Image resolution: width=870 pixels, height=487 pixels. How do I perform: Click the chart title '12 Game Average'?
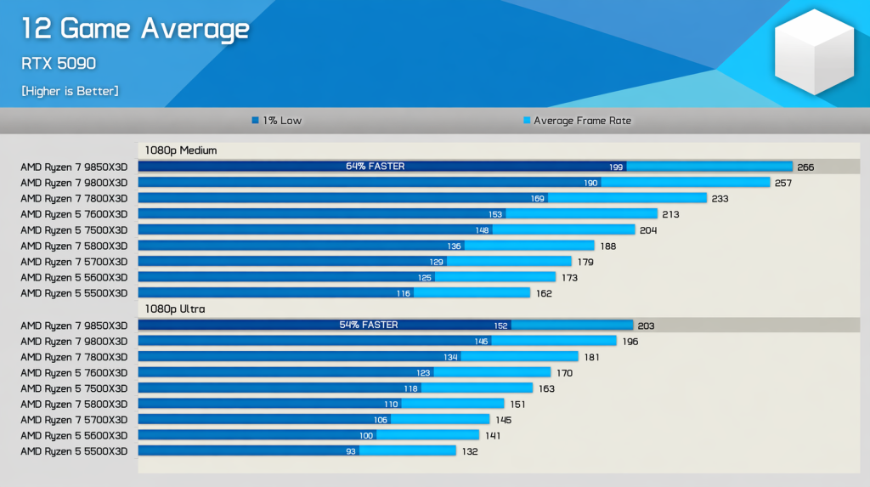pyautogui.click(x=135, y=30)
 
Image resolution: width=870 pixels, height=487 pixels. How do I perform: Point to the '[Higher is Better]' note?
pyautogui.click(x=70, y=91)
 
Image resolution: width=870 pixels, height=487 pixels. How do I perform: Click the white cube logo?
pyautogui.click(x=813, y=52)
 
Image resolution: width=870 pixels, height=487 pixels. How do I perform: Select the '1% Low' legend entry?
pyautogui.click(x=277, y=121)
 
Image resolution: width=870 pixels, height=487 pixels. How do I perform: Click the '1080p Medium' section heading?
pyautogui.click(x=181, y=150)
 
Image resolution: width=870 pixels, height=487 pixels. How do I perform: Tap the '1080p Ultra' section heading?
pyautogui.click(x=175, y=309)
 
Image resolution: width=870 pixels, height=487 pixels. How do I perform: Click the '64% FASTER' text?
pyautogui.click(x=376, y=167)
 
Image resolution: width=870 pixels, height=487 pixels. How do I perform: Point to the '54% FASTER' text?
pyautogui.click(x=369, y=326)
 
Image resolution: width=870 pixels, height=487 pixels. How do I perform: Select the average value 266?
pyautogui.click(x=805, y=167)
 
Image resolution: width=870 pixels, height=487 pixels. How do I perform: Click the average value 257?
pyautogui.click(x=783, y=183)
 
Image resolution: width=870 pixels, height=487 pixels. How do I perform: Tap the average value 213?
pyautogui.click(x=670, y=214)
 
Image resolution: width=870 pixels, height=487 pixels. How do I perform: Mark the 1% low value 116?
pyautogui.click(x=403, y=293)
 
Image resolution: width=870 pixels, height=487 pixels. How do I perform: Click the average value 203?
pyautogui.click(x=646, y=326)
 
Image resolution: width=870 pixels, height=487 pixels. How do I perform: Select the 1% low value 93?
pyautogui.click(x=351, y=451)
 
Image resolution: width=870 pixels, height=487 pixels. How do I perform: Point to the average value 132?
pyautogui.click(x=469, y=451)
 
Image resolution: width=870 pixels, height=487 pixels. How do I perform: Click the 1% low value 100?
pyautogui.click(x=366, y=436)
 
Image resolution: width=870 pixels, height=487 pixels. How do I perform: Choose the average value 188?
pyautogui.click(x=607, y=246)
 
